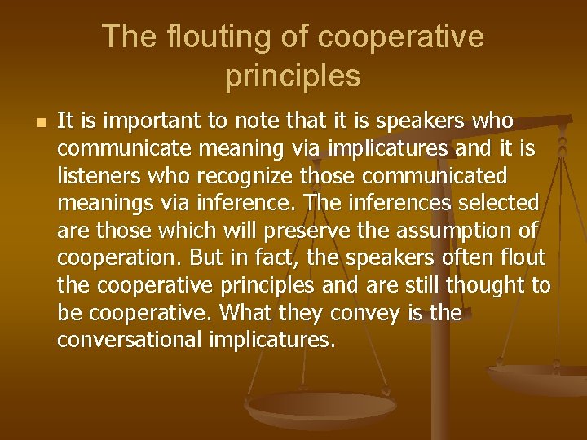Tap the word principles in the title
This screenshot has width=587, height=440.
tap(293, 76)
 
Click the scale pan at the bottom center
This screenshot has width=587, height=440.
tap(320, 404)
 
